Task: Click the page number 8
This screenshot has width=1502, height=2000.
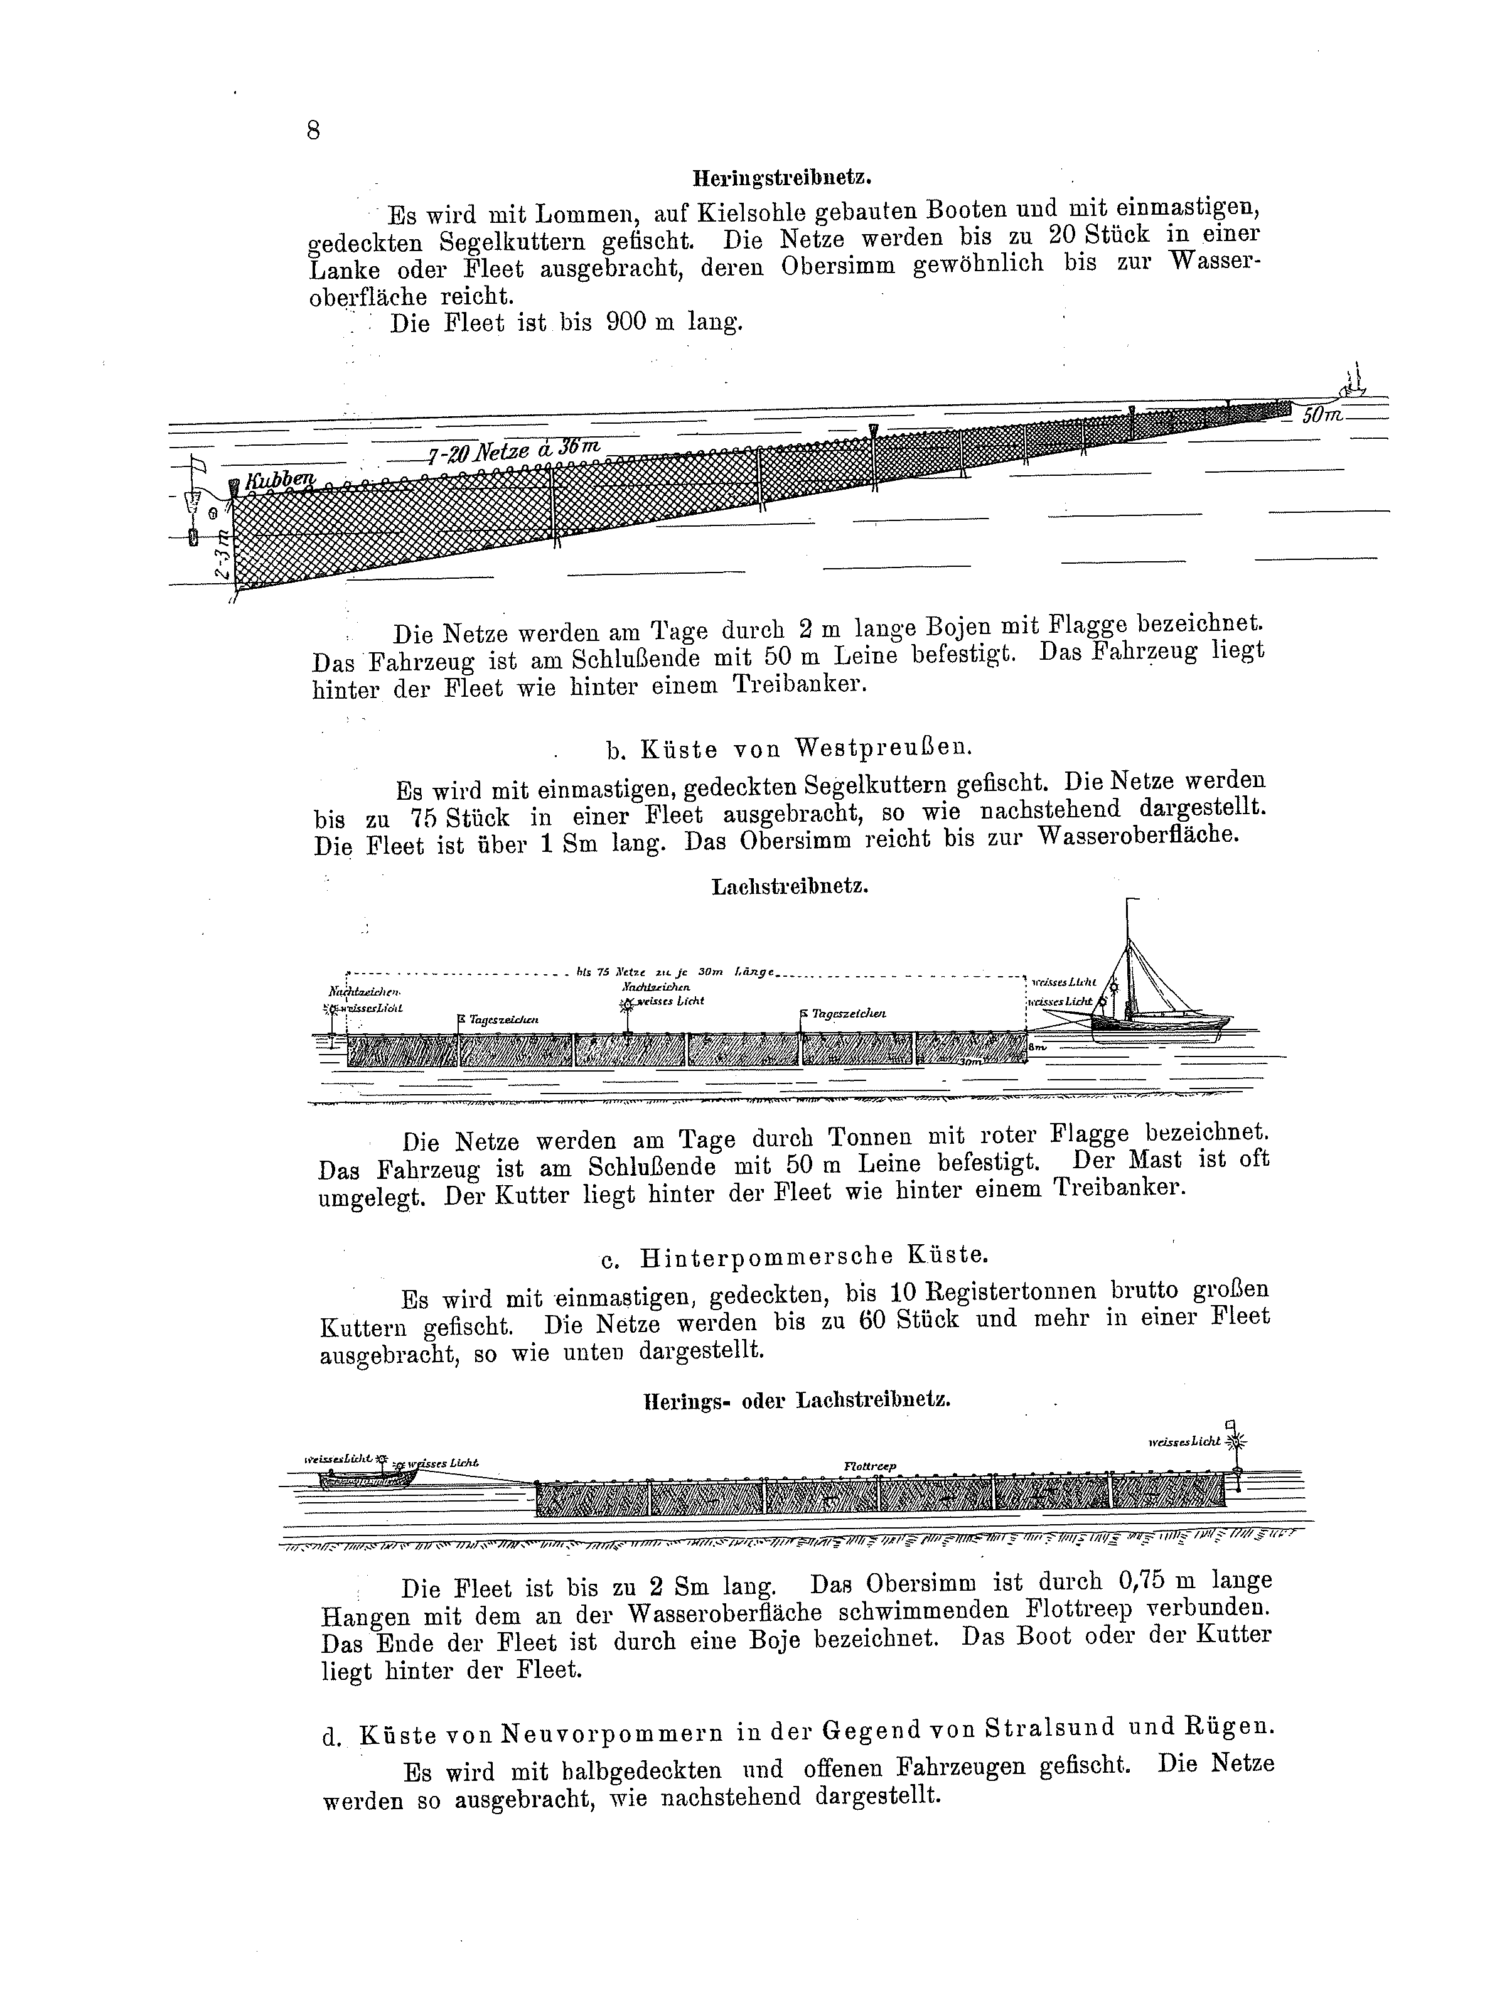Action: point(313,131)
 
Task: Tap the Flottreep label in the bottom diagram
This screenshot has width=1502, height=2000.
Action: point(869,1466)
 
